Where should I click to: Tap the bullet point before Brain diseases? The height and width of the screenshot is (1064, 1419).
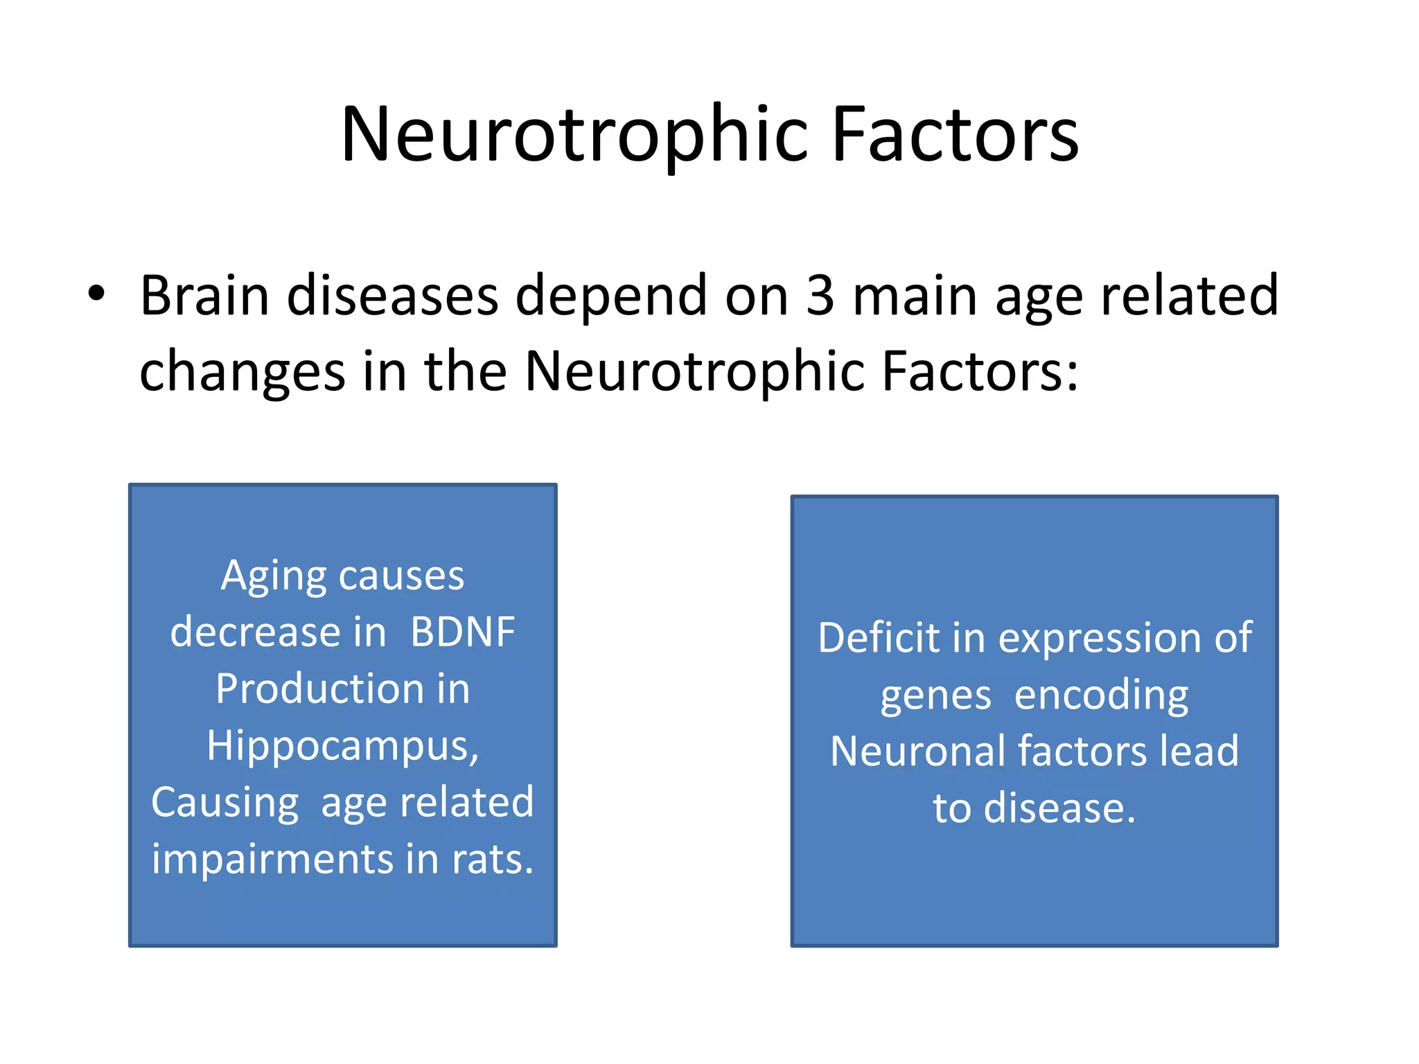96,294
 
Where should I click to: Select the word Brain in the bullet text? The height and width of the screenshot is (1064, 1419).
204,296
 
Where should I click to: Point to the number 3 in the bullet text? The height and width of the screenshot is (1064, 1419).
820,296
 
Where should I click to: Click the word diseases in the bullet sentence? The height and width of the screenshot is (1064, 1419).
392,296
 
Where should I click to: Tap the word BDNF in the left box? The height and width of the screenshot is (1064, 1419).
462,632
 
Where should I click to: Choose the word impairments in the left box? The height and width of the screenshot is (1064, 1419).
273,861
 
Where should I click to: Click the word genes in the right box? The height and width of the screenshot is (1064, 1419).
935,697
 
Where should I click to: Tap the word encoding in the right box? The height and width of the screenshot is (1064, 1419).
1101,697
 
